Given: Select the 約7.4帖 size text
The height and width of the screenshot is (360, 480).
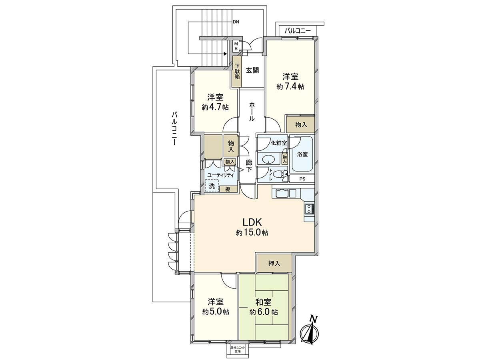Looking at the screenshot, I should [x=290, y=86].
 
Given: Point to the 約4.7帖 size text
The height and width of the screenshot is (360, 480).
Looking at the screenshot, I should [x=215, y=107].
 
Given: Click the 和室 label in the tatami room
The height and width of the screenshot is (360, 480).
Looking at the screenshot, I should [x=264, y=302].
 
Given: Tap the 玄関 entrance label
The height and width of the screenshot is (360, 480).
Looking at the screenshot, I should [x=252, y=70].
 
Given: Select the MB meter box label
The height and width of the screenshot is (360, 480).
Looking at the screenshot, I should [x=236, y=46].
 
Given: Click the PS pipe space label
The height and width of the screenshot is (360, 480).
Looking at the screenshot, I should [x=302, y=179].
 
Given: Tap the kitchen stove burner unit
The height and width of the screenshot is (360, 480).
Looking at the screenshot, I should [x=309, y=208].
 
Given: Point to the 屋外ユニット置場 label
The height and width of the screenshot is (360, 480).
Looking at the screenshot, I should [x=238, y=349].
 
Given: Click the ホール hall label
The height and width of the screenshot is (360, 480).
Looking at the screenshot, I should [x=252, y=111].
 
